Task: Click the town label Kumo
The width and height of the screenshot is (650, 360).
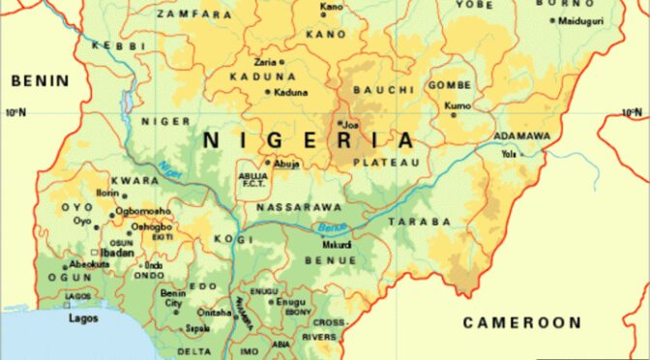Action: (x=458, y=105)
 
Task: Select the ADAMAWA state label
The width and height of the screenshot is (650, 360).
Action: (x=522, y=135)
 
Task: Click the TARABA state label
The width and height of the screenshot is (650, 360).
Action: (x=420, y=222)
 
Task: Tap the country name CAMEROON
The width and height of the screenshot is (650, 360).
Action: (x=521, y=322)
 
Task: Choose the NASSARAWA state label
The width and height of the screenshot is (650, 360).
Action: (x=298, y=207)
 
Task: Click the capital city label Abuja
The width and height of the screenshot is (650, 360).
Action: (x=287, y=164)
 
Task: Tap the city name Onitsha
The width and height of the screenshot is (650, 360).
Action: (x=215, y=312)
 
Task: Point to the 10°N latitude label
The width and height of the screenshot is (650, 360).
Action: (x=15, y=112)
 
